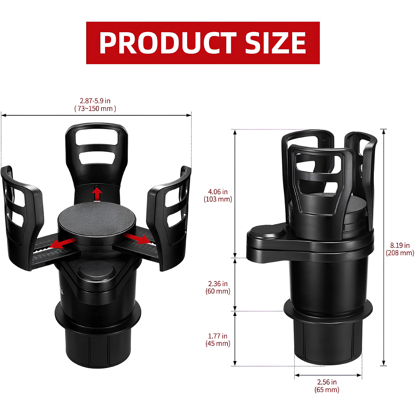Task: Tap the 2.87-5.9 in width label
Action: [x=95, y=101]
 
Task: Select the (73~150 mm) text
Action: [x=95, y=109]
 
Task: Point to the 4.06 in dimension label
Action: [x=218, y=192]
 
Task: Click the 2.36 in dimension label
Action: [x=218, y=284]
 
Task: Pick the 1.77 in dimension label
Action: [x=218, y=336]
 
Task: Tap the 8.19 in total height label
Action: [x=400, y=245]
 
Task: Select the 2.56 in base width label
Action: [x=327, y=382]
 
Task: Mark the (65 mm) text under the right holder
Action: [x=327, y=390]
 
